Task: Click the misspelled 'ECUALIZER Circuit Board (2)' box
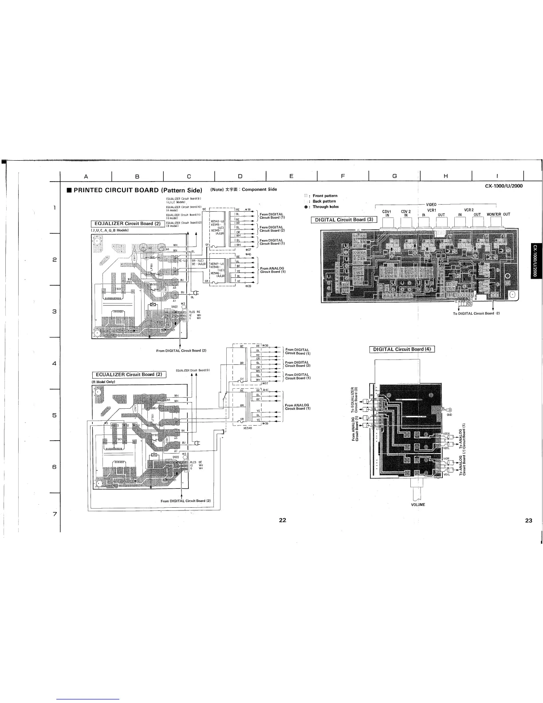tap(129, 375)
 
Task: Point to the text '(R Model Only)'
tap(103, 382)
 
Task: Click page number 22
tap(283, 521)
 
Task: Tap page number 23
tap(528, 521)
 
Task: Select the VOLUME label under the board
tap(418, 505)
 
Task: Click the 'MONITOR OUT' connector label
tap(498, 214)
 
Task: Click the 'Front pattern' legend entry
tap(325, 196)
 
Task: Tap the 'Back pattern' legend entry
tap(325, 201)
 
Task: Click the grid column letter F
tap(343, 176)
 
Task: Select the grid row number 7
tap(54, 514)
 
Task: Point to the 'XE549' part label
tap(248, 428)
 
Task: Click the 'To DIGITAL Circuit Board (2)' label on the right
tap(473, 313)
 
